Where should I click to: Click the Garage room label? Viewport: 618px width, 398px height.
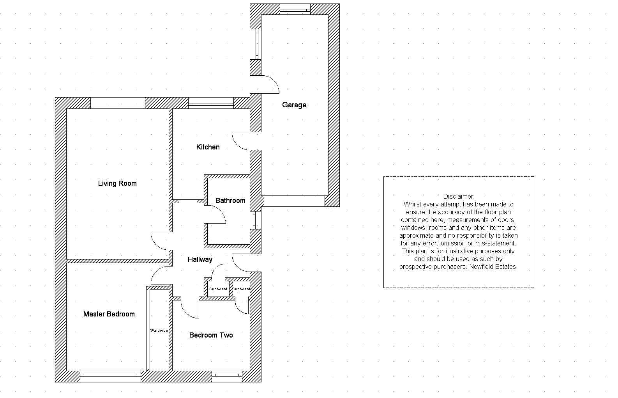[x=294, y=105]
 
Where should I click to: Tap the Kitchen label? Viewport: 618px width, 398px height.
[x=208, y=147]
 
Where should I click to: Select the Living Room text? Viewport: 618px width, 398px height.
[x=117, y=183]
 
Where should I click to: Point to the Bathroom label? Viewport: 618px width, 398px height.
[x=230, y=201]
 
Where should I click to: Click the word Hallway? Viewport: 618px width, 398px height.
[x=200, y=259]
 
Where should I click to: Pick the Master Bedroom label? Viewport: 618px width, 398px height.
[x=109, y=314]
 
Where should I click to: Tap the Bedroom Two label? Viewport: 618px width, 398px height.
[x=211, y=335]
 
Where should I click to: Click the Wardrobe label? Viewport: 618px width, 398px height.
[x=159, y=330]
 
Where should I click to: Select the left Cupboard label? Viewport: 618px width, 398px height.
[x=218, y=289]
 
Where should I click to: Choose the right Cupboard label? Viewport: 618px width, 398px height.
[x=241, y=289]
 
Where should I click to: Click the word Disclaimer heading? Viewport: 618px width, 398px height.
[x=458, y=196]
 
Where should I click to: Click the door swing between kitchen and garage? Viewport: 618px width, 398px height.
[x=241, y=141]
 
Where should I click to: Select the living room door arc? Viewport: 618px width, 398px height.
[x=159, y=241]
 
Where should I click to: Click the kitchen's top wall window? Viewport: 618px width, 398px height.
[x=211, y=103]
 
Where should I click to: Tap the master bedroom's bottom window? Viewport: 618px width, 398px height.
[x=111, y=376]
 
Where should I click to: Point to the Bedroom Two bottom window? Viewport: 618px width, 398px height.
[x=227, y=376]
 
